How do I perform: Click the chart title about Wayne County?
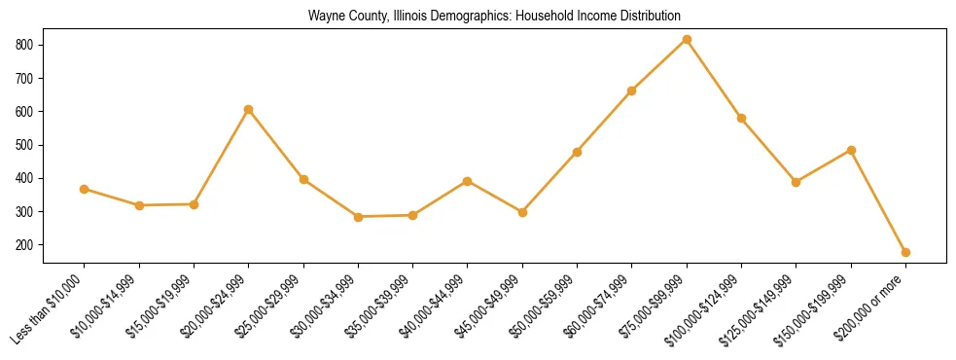click(494, 16)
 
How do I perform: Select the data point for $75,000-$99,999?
click(687, 39)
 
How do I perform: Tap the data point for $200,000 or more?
click(905, 252)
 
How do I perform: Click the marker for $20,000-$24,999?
click(249, 109)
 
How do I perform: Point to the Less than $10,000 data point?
click(85, 189)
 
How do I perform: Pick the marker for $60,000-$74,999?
click(632, 90)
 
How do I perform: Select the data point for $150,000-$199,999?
click(851, 150)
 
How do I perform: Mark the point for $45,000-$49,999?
click(522, 212)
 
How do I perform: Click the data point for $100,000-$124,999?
click(741, 118)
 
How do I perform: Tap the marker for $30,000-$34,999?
click(358, 217)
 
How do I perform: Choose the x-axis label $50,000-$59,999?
click(547, 306)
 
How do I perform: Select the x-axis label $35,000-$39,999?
click(380, 306)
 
